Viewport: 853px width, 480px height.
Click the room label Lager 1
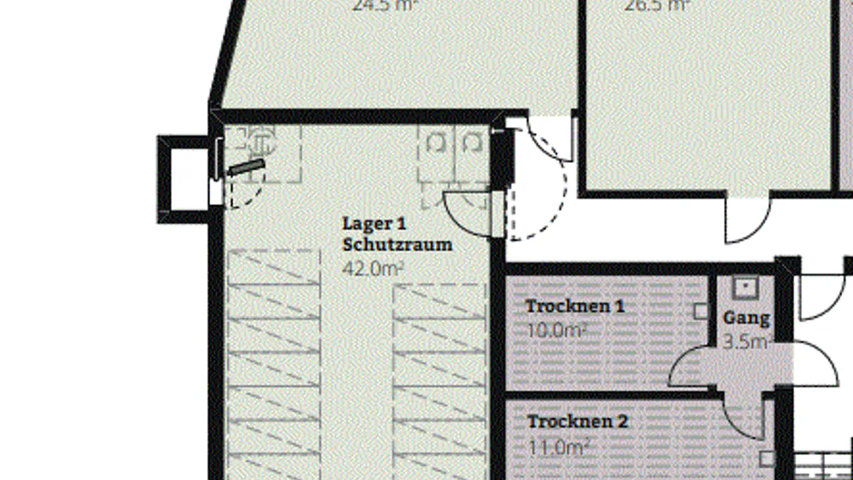pyautogui.click(x=374, y=224)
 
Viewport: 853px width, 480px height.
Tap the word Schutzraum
pyautogui.click(x=397, y=244)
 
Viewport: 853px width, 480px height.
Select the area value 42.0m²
pyautogui.click(x=373, y=268)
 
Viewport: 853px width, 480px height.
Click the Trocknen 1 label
pyautogui.click(x=575, y=306)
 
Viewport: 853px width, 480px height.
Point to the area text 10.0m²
pyautogui.click(x=556, y=330)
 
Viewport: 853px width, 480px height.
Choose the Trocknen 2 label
pyautogui.click(x=577, y=422)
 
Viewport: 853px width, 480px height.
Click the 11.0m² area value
pyautogui.click(x=557, y=447)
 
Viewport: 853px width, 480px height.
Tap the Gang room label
pyautogui.click(x=746, y=318)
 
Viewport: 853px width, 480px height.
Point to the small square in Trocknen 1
pyautogui.click(x=701, y=311)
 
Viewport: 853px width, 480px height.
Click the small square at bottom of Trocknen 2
pyautogui.click(x=767, y=459)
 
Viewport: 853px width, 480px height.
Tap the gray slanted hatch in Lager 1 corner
pyautogui.click(x=246, y=168)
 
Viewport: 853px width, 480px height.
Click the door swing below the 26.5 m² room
pyautogui.click(x=748, y=219)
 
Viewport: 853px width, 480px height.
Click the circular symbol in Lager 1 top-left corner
pyautogui.click(x=259, y=142)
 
